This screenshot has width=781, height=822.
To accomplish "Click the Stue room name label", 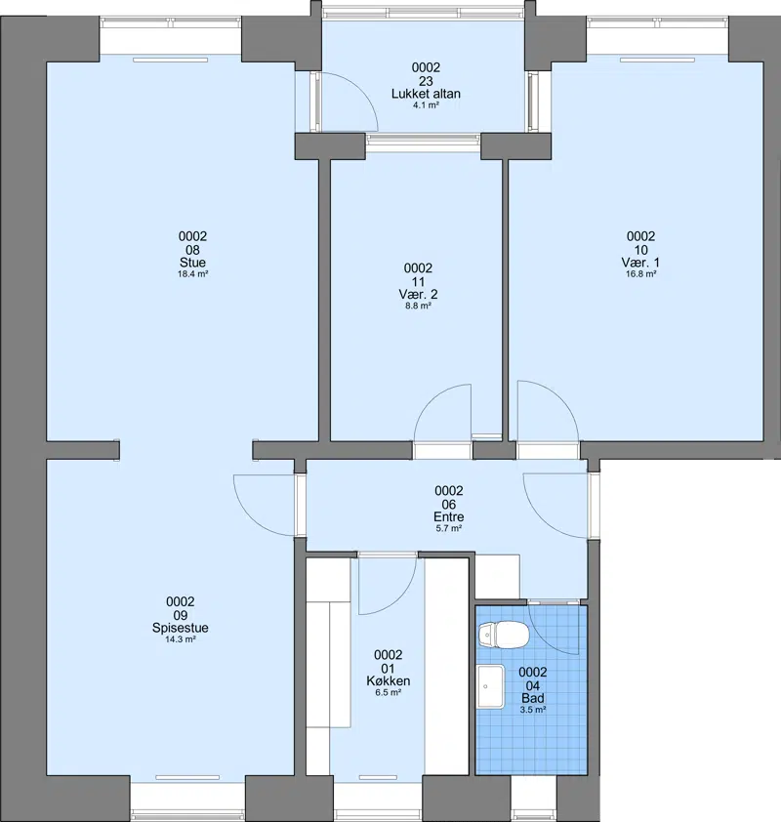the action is (193, 263).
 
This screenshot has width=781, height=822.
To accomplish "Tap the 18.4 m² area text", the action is (193, 274).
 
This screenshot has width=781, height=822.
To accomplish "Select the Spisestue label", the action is (181, 628).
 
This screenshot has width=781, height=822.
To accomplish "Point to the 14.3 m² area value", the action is (181, 639).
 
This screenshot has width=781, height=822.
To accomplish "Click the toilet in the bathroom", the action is (503, 635).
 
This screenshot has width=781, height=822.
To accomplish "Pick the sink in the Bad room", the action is (491, 686).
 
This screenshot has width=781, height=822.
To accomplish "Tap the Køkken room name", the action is (389, 681).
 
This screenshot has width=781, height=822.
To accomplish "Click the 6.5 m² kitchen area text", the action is (389, 692).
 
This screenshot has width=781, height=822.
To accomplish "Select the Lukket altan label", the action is (426, 94).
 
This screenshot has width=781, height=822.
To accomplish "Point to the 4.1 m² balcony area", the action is (426, 105).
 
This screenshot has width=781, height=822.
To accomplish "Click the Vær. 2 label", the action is (418, 294).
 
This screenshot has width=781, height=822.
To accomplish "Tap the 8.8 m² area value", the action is (418, 307).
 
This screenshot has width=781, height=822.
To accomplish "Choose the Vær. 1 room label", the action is (641, 263).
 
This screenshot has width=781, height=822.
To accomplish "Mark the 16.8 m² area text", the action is (641, 274).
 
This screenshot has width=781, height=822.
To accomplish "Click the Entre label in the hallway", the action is (449, 516).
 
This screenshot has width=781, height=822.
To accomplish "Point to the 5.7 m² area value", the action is (449, 528).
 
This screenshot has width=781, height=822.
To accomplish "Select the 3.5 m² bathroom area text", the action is (533, 710).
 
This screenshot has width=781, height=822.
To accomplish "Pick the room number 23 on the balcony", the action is (426, 81).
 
